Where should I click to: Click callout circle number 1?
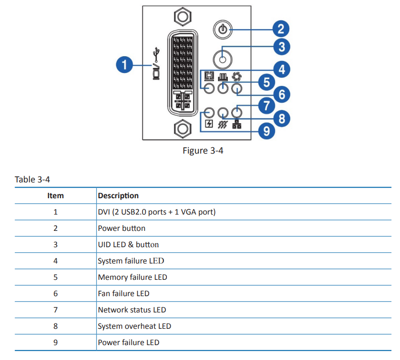pyautogui.click(x=125, y=64)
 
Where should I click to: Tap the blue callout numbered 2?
pyautogui.click(x=281, y=29)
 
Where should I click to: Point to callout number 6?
pyautogui.click(x=281, y=94)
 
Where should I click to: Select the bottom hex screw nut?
pyautogui.click(x=182, y=129)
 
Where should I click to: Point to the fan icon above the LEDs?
pyautogui.click(x=236, y=76)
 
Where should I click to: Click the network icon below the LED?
pyautogui.click(x=236, y=124)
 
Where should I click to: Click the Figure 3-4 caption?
pyautogui.click(x=203, y=151)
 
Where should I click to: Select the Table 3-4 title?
pyautogui.click(x=32, y=180)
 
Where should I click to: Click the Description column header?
pyautogui.click(x=118, y=195)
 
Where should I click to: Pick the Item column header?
pyautogui.click(x=55, y=195)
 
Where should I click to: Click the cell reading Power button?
pyautogui.click(x=121, y=228)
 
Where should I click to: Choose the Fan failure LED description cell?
pyautogui.click(x=123, y=293)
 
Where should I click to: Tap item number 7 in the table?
pyautogui.click(x=55, y=310)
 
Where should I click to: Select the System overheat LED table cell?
pyautogui.click(x=134, y=326)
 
